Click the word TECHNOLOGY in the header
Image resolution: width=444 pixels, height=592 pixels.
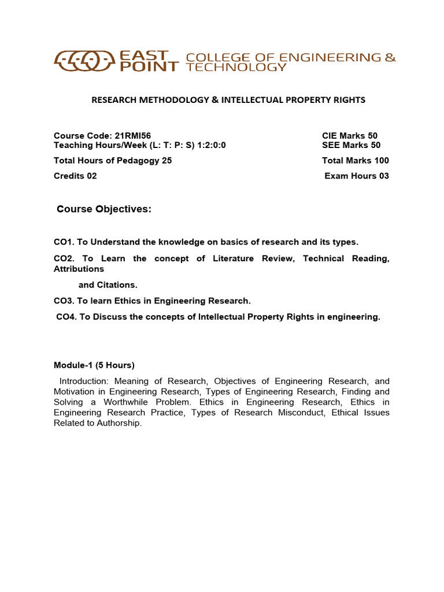tap(236, 67)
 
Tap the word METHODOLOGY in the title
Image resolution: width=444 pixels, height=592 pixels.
tap(172, 100)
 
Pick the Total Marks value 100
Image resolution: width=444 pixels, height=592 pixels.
tap(381, 161)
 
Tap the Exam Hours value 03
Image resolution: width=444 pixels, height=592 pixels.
tap(383, 176)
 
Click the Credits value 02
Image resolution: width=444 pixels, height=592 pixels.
tap(92, 176)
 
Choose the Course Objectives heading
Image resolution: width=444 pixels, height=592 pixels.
tap(104, 209)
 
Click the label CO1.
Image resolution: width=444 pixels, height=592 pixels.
tap(62, 242)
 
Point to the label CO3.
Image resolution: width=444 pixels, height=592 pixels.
tap(62, 301)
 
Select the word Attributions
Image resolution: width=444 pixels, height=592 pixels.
tap(79, 269)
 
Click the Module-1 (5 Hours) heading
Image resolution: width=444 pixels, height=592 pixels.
tap(94, 365)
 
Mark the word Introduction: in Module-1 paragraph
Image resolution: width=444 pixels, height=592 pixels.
tap(84, 382)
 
